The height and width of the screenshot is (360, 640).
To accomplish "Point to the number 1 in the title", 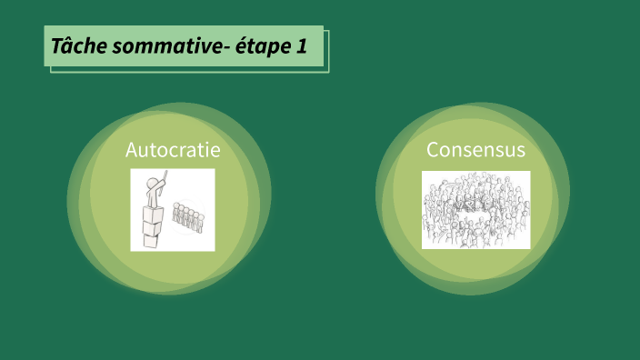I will tap(302, 45).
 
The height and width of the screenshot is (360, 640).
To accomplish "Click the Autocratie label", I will tap(173, 148).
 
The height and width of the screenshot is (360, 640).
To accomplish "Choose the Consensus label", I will tap(475, 148).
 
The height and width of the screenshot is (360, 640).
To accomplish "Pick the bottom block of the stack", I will tap(151, 238).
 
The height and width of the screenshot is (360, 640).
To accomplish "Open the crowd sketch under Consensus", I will tap(475, 209).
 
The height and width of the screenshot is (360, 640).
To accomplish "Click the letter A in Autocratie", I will tap(132, 148).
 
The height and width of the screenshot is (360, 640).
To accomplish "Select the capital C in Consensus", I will tap(433, 148).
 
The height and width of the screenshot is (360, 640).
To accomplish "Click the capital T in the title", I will tap(56, 45).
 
